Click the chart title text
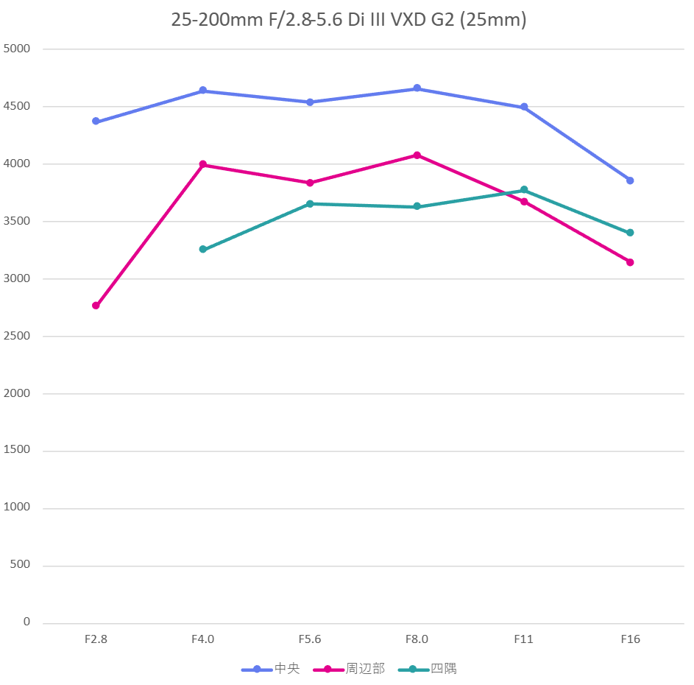(x=349, y=20)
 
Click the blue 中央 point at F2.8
(x=96, y=122)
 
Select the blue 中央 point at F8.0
(x=417, y=88)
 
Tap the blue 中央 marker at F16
(x=630, y=180)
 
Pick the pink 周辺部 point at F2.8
(x=96, y=306)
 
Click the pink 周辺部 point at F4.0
(x=203, y=165)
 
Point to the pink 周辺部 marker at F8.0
(x=417, y=155)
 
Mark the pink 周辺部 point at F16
(x=630, y=262)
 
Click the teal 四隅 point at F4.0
(x=203, y=250)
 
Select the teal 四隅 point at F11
(x=524, y=190)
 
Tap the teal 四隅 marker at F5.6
(x=310, y=204)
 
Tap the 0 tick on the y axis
(x=26, y=622)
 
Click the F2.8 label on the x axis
(x=96, y=639)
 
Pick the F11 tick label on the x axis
(x=524, y=639)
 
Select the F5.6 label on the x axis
(x=310, y=639)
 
